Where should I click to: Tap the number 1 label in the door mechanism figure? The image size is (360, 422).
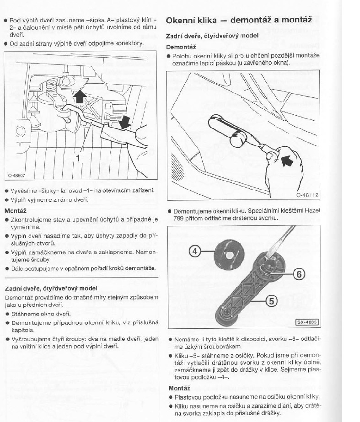(79, 158)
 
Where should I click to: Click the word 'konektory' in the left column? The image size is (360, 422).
(130, 43)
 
